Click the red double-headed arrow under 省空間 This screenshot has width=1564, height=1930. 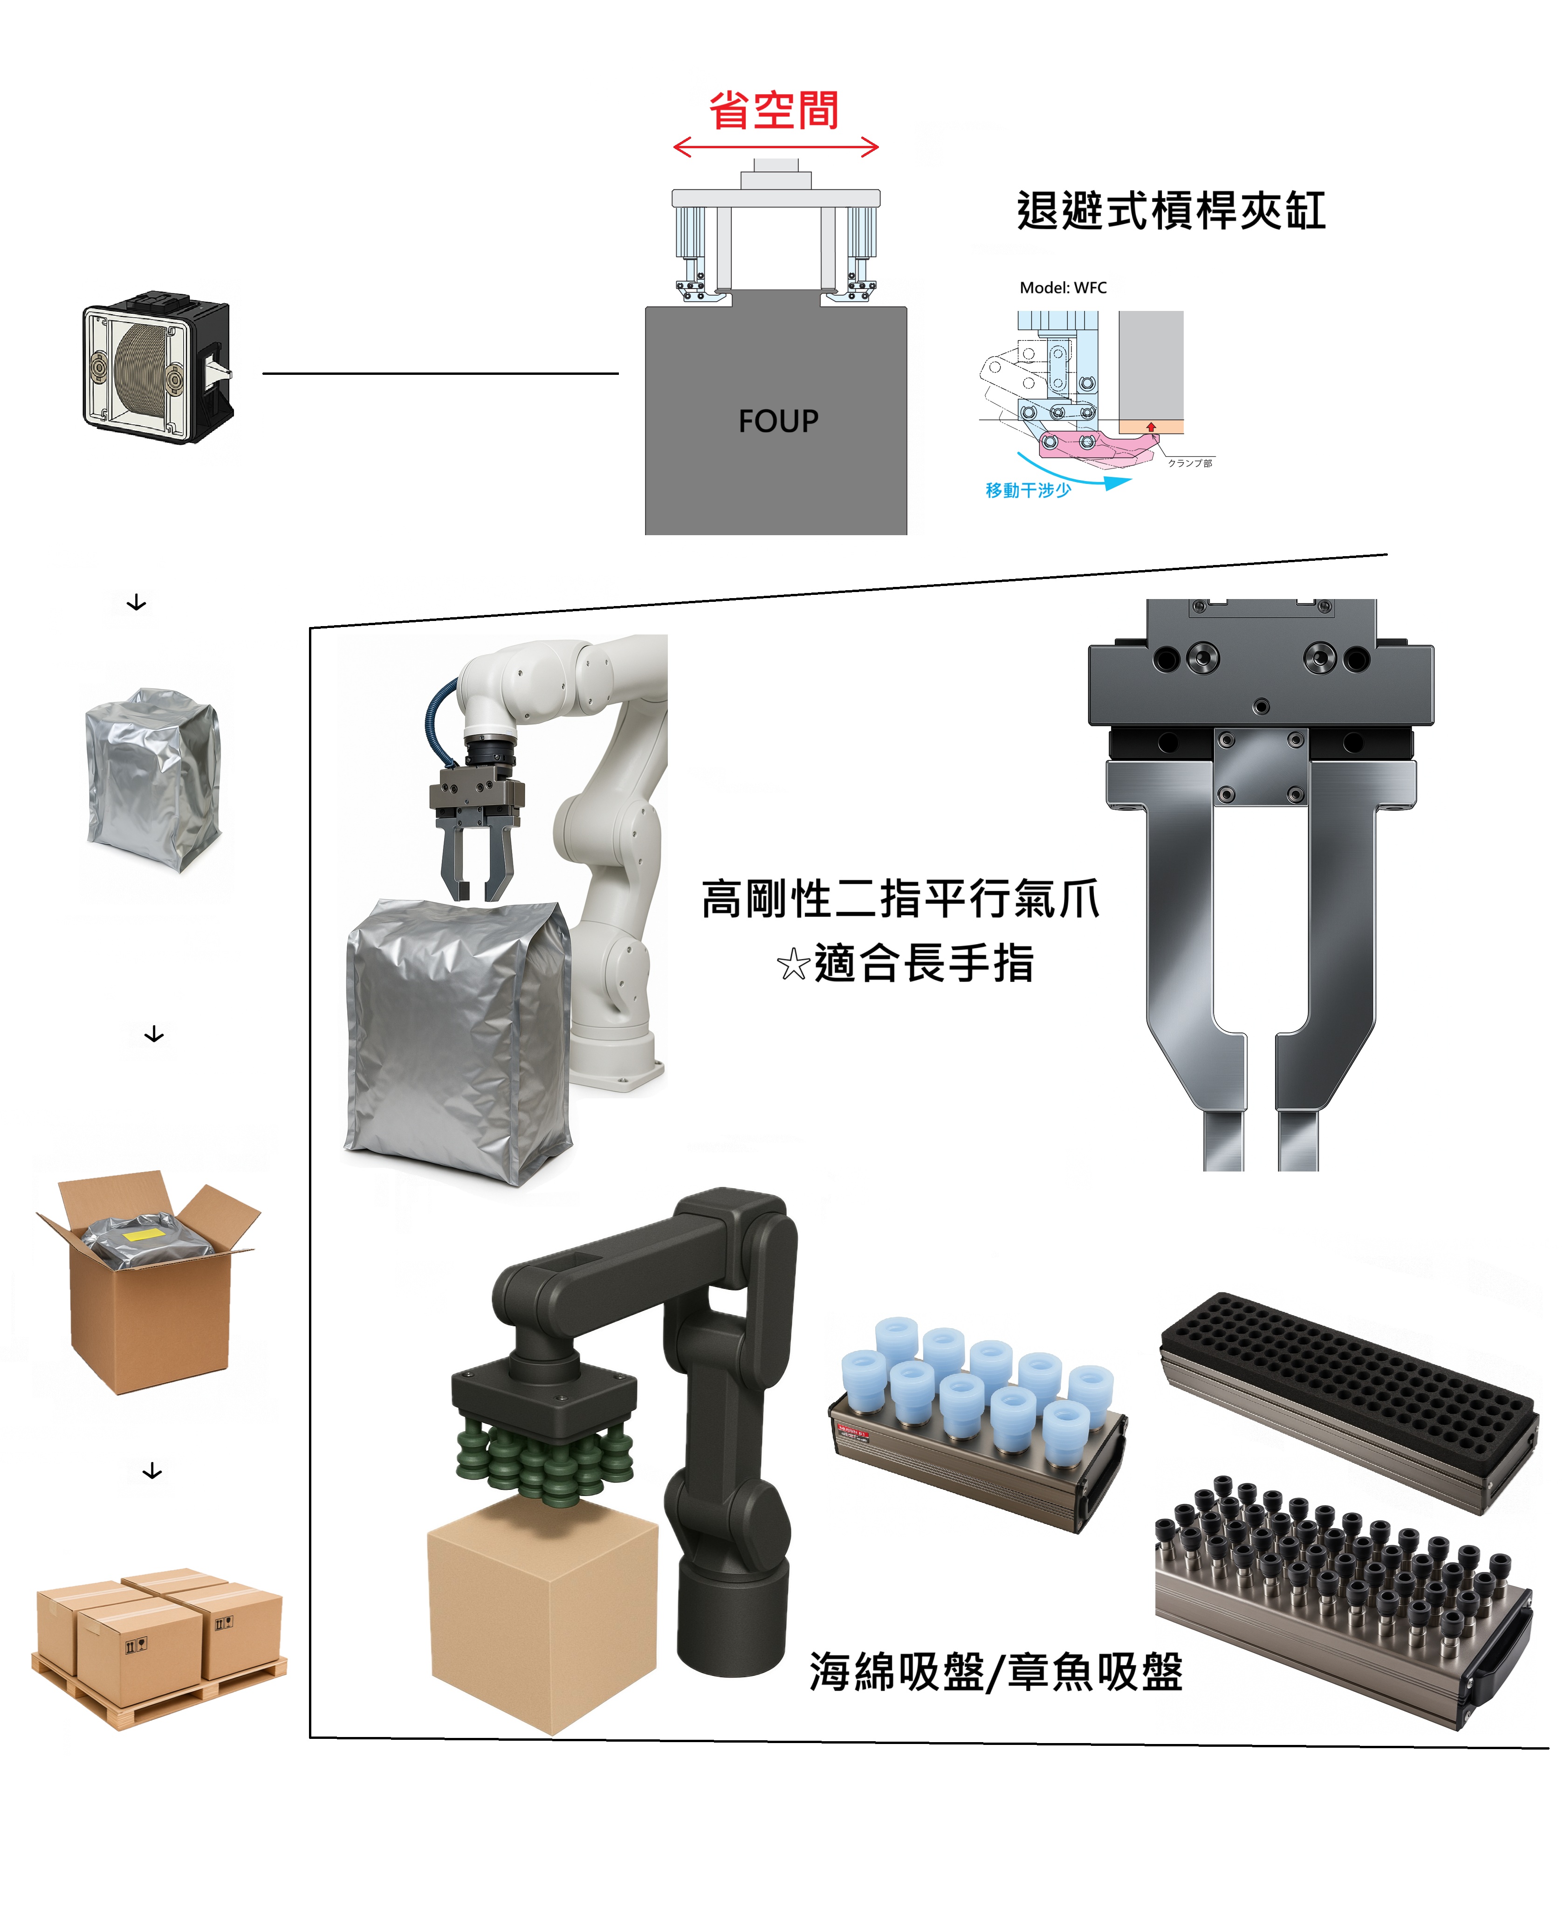(775, 148)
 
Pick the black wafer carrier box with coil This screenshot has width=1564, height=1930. (158, 369)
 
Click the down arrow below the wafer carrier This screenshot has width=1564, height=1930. (136, 603)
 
